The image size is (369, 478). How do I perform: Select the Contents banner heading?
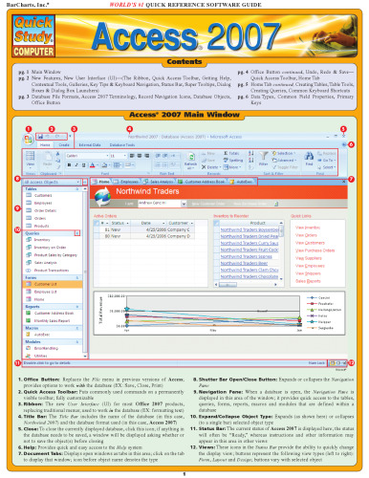(184, 57)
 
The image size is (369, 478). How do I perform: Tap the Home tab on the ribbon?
(29, 143)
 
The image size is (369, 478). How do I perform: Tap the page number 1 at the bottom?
(184, 474)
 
